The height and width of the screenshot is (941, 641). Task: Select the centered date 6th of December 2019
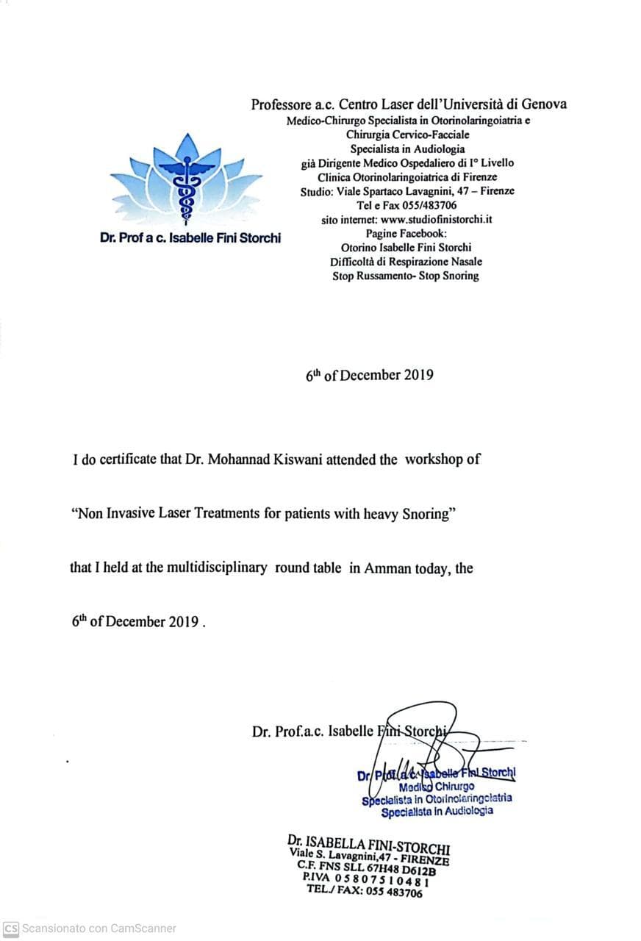point(369,375)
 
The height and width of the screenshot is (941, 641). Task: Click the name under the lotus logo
point(190,239)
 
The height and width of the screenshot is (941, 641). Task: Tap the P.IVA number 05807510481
point(382,881)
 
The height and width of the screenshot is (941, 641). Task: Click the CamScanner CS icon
point(11,928)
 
